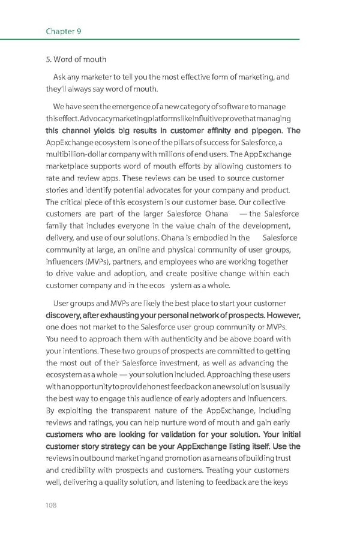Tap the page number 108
[x=52, y=505]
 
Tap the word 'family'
[x=57, y=226]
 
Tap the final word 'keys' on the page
[x=281, y=482]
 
